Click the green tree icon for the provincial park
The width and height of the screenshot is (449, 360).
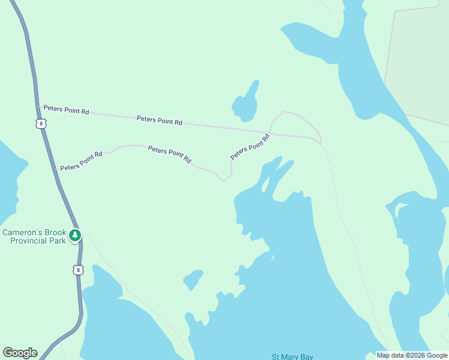coord(75,235)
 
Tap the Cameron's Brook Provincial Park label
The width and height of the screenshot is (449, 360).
coord(34,237)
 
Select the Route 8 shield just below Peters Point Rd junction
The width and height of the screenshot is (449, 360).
coord(40,124)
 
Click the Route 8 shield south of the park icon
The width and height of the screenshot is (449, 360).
coord(78,270)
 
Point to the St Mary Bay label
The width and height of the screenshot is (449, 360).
coord(292,357)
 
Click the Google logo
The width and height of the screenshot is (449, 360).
coord(20,353)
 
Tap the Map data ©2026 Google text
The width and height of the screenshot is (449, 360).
coord(412,355)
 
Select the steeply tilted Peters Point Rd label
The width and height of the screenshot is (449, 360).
coord(250,146)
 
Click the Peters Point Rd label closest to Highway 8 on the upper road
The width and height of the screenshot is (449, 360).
coord(66,111)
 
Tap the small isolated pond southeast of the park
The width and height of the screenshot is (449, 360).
coord(193,279)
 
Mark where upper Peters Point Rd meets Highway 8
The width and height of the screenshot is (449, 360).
coord(38,107)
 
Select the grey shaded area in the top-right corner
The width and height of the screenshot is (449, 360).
coord(420,54)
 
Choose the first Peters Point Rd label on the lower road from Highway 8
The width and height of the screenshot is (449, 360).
coord(82,160)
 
